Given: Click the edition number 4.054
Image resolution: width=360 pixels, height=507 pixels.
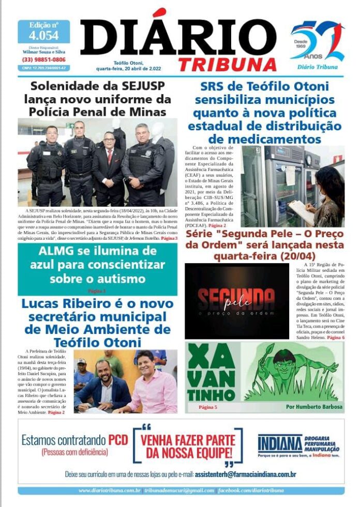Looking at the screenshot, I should [x=43, y=36].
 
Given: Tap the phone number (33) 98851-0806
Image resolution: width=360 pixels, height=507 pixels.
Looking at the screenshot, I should [x=43, y=60].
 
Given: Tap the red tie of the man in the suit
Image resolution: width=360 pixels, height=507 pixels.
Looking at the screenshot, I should [x=109, y=157].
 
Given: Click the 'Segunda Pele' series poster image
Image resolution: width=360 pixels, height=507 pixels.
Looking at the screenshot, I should [x=229, y=301].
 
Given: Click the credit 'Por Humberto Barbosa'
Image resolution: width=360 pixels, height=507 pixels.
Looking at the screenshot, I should [x=314, y=407].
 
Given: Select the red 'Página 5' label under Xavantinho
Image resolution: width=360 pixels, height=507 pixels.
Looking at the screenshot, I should [x=208, y=407].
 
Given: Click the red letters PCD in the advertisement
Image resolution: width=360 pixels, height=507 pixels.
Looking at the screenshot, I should [x=118, y=440].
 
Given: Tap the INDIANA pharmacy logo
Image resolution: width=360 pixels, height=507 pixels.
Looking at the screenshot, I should [x=279, y=443].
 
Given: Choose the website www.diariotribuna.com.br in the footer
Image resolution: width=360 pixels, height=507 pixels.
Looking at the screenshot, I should [x=109, y=490].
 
